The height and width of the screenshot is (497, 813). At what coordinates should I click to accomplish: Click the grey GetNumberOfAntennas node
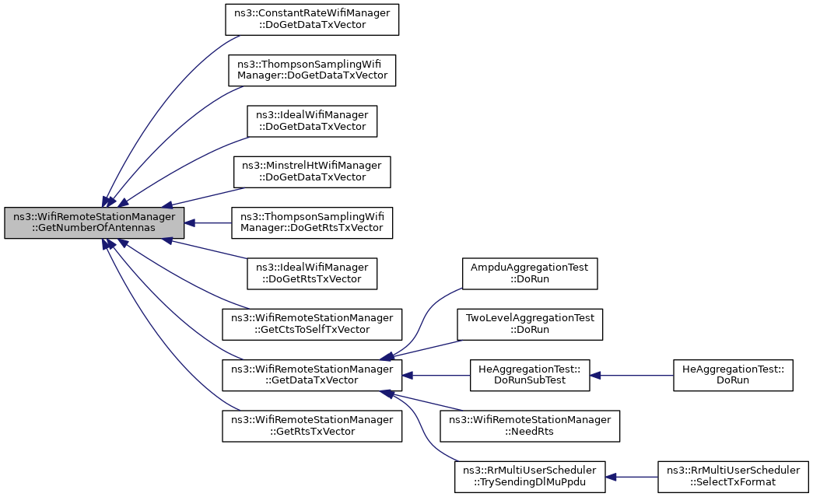pyautogui.click(x=94, y=223)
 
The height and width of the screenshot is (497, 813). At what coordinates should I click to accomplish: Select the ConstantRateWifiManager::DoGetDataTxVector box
pyautogui.click(x=312, y=19)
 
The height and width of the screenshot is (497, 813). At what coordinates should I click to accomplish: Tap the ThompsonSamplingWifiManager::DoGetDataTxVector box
pyautogui.click(x=312, y=71)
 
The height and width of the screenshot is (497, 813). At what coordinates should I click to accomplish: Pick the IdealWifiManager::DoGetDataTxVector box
pyautogui.click(x=312, y=121)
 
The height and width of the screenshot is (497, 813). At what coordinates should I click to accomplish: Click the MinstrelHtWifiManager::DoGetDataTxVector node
pyautogui.click(x=312, y=172)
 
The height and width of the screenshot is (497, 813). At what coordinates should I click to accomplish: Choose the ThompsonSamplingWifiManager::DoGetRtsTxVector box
pyautogui.click(x=312, y=223)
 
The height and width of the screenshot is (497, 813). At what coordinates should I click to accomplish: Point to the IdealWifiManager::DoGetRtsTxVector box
pyautogui.click(x=312, y=274)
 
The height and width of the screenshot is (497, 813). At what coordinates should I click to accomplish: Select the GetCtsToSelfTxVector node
pyautogui.click(x=312, y=324)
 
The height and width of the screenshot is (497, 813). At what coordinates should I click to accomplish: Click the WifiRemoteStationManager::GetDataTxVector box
pyautogui.click(x=312, y=375)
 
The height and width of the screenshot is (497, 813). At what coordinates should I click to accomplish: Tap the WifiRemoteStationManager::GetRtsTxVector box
pyautogui.click(x=312, y=426)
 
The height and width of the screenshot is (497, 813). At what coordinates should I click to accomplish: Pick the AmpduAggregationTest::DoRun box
pyautogui.click(x=529, y=274)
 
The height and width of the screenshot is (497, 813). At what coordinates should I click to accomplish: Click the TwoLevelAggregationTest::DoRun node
pyautogui.click(x=529, y=324)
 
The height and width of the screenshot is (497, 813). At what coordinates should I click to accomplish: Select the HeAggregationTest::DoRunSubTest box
pyautogui.click(x=529, y=375)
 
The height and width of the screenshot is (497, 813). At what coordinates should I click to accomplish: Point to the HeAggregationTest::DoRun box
pyautogui.click(x=733, y=375)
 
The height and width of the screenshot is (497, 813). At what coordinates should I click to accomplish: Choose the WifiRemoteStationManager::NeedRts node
pyautogui.click(x=529, y=426)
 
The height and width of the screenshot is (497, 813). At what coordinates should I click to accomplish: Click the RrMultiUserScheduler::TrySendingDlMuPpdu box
pyautogui.click(x=529, y=477)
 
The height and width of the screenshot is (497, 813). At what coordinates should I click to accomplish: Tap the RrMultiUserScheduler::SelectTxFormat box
pyautogui.click(x=733, y=477)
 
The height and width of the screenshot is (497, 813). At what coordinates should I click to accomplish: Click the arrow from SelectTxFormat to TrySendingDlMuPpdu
pyautogui.click(x=631, y=477)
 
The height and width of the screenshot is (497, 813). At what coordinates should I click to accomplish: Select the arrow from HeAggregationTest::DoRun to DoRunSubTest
pyautogui.click(x=631, y=375)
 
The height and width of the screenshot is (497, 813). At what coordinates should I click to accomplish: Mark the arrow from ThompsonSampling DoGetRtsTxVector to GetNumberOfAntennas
pyautogui.click(x=208, y=223)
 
